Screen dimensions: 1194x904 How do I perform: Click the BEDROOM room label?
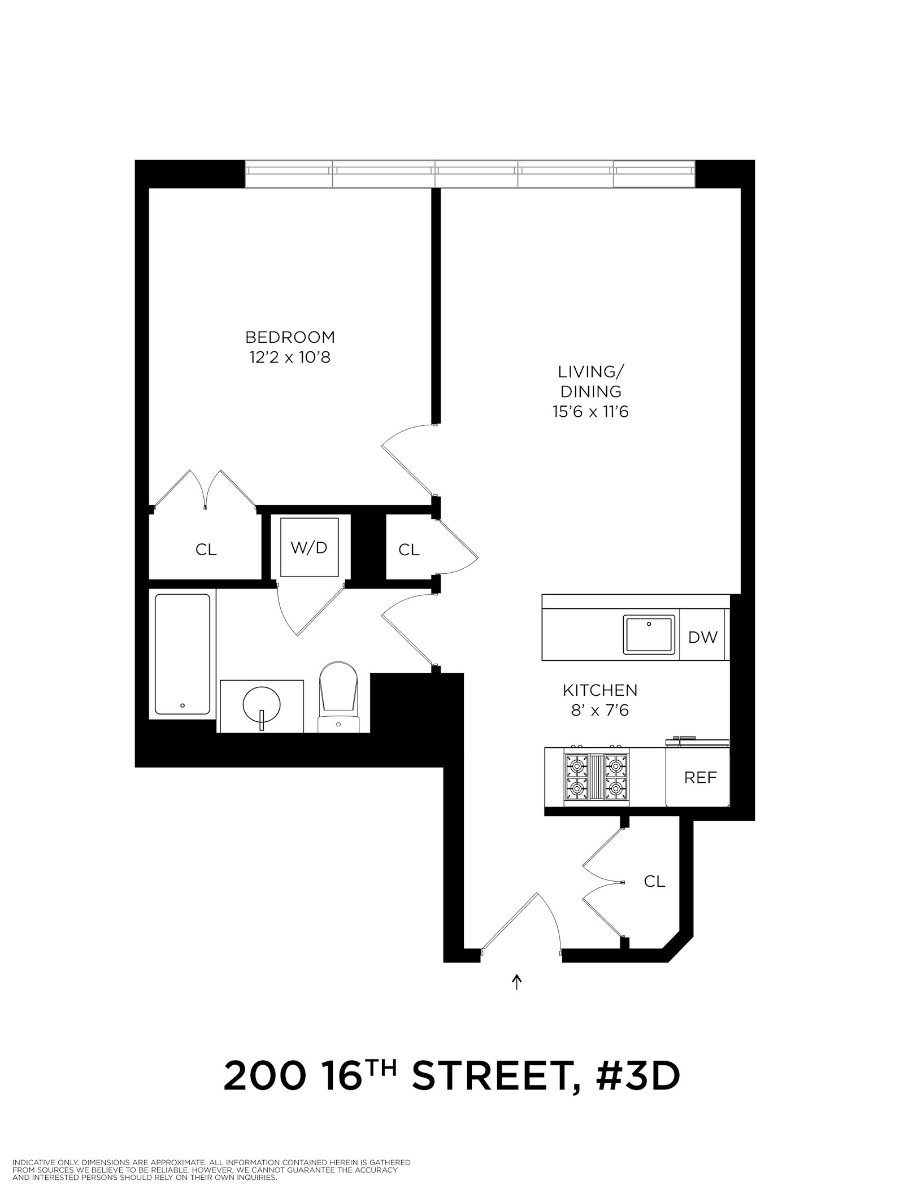290,337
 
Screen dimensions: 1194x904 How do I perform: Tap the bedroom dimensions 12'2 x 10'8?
290,358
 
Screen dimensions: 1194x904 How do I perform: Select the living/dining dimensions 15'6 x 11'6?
590,412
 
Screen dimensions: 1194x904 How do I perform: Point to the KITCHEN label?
599,690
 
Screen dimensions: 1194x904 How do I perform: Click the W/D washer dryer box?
309,547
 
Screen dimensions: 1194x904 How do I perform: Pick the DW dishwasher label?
703,638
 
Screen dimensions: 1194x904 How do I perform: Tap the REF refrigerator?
699,778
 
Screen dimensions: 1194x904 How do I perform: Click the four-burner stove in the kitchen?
596,777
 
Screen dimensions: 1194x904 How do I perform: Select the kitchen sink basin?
649,635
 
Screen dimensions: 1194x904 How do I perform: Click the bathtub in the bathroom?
182,654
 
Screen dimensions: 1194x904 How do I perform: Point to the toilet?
338,698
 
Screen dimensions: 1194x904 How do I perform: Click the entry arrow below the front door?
516,983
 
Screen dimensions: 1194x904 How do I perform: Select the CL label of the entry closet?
654,881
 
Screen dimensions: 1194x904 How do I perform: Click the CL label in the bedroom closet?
206,550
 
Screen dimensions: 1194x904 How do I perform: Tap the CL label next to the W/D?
408,550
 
